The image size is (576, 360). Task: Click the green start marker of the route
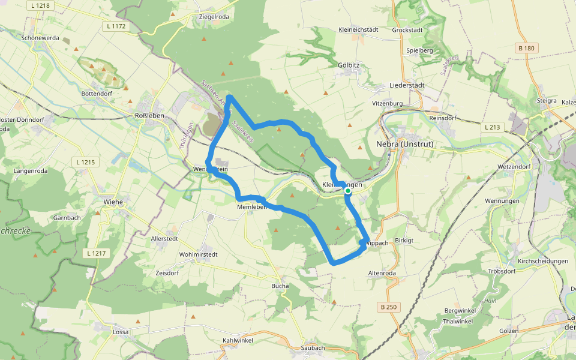(x=348, y=191)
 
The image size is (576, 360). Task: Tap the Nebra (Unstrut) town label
(x=404, y=145)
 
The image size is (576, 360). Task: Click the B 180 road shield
(x=526, y=48)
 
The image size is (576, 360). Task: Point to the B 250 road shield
(x=388, y=307)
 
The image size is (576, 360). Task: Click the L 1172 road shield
(x=115, y=26)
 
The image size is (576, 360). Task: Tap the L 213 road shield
(x=492, y=127)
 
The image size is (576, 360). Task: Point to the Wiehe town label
(x=113, y=202)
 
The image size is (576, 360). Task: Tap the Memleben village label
(x=251, y=207)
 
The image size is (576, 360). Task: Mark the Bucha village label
(x=280, y=286)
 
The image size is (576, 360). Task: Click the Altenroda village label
(x=382, y=273)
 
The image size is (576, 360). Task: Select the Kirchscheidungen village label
(x=542, y=261)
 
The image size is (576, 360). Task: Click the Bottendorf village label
(x=97, y=95)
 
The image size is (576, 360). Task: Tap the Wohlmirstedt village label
(x=198, y=254)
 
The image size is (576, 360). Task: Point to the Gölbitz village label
(x=349, y=64)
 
